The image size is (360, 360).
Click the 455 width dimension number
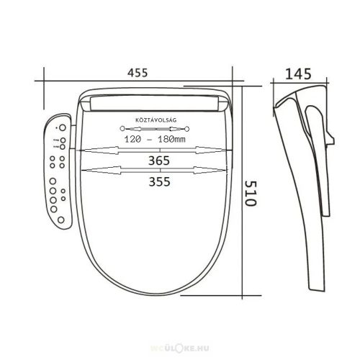coord(138,73)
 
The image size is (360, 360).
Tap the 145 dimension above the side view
coord(298,74)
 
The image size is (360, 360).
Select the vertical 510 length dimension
coord(251,194)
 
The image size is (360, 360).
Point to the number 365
coord(159,161)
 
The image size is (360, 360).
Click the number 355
coord(159,181)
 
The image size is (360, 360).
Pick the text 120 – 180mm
coord(155,139)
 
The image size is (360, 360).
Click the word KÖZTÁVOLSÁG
coord(156,120)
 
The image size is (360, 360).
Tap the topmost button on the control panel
coord(63,127)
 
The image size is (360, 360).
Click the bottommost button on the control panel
coord(61,220)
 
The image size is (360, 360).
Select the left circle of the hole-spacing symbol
coord(122,129)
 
